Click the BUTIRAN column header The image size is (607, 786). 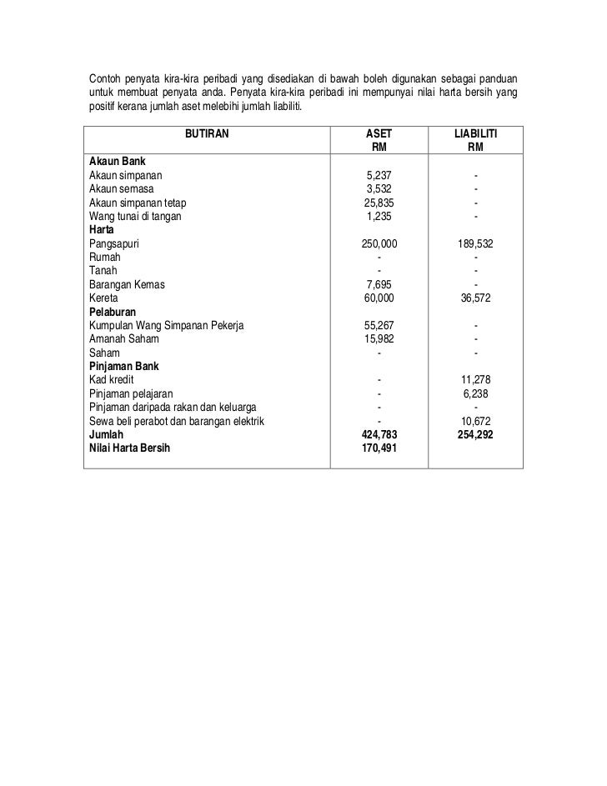pos(206,133)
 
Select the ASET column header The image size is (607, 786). pos(379,133)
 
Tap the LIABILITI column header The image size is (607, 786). pos(475,133)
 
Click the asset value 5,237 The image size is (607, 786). pos(379,176)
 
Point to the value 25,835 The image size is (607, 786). pos(379,203)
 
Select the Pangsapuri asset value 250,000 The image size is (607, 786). pos(379,243)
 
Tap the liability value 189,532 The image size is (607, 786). pos(475,243)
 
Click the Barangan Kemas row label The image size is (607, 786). pos(127,284)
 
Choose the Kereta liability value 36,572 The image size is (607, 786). pos(475,298)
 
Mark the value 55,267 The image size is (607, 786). pos(379,325)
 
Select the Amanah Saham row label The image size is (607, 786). pos(125,338)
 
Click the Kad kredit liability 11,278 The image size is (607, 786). pos(475,379)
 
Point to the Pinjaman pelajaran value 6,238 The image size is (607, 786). pos(475,393)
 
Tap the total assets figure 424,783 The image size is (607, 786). pos(379,433)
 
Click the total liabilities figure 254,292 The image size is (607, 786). pos(475,433)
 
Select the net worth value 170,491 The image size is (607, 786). pos(379,448)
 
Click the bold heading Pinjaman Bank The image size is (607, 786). pos(123,366)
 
